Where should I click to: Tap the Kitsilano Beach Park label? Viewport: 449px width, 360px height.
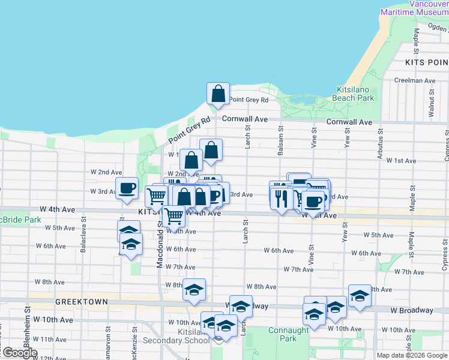pos(354,93)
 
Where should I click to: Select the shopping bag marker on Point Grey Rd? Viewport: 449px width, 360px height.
pos(218,93)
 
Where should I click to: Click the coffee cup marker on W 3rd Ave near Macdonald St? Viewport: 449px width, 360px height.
pos(127,188)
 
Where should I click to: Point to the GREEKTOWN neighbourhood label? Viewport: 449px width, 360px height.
pos(81,302)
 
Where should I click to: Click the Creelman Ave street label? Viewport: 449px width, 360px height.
pos(415,80)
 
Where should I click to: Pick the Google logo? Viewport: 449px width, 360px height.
pos(20,353)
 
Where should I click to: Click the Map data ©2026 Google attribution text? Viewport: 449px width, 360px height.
pos(411,355)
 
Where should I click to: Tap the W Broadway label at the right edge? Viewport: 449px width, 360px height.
pos(411,310)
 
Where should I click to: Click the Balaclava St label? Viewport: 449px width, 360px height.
pos(82,239)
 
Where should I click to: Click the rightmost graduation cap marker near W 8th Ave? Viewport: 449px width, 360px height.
pos(360,295)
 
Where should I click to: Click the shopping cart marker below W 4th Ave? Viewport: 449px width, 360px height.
pos(173,215)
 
